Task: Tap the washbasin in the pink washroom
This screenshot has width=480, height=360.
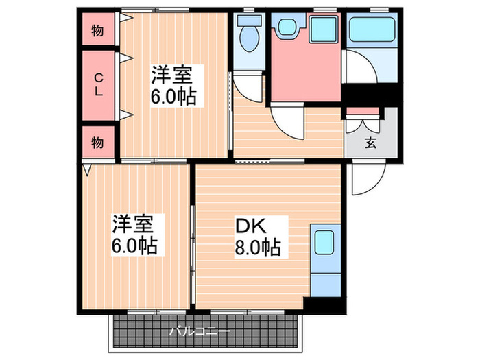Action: (285, 28)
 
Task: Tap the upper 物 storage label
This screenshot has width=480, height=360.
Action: (98, 32)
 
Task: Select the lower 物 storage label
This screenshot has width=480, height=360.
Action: (98, 143)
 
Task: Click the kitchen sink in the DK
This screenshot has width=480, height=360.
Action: (323, 242)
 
